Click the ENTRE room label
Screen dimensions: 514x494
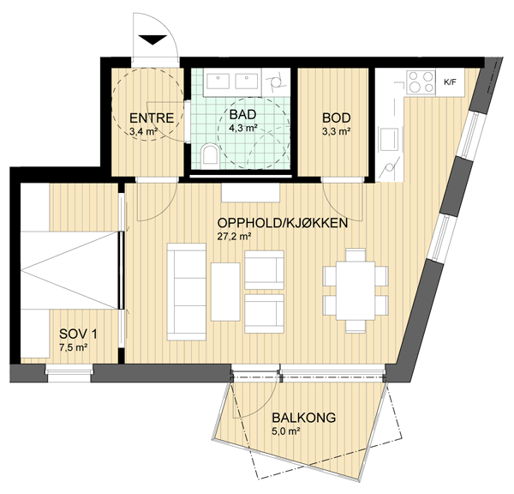[x=152, y=118]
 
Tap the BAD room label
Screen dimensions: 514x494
[x=242, y=115]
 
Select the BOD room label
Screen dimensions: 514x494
[x=337, y=117]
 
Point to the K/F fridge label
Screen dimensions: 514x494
[x=450, y=82]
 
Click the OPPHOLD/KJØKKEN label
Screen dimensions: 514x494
[x=282, y=223]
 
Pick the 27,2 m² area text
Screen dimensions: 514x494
[x=234, y=237]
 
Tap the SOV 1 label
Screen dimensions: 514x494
[x=78, y=334]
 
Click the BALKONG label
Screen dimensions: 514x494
[x=304, y=418]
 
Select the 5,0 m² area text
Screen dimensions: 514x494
[x=286, y=431]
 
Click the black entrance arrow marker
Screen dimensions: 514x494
[x=152, y=39]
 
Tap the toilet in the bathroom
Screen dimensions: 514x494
[x=210, y=154]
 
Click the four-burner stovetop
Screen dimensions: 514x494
[x=421, y=81]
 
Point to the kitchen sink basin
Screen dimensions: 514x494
[x=389, y=139]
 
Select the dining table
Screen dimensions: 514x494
[x=356, y=291]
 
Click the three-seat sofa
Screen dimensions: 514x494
[x=187, y=292]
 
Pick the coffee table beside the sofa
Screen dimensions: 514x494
[x=225, y=292]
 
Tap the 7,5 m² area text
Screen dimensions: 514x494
[x=73, y=347]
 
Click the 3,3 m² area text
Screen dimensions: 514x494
[x=337, y=131]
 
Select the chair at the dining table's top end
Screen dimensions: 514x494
[x=356, y=255]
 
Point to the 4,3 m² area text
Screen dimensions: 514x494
[x=242, y=128]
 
